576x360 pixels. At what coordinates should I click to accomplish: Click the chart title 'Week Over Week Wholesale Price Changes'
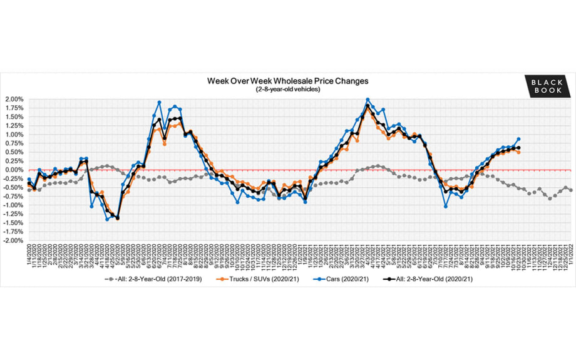(x=288, y=81)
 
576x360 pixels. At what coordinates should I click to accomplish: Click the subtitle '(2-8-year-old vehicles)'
(x=288, y=90)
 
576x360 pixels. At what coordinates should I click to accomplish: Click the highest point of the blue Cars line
(x=368, y=100)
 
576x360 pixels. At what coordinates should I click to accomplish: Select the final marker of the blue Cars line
(x=519, y=139)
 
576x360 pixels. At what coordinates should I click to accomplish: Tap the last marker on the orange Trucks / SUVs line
(x=519, y=152)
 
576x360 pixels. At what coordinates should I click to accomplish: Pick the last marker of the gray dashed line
(x=571, y=190)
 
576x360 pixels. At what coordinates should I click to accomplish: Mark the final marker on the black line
(x=519, y=148)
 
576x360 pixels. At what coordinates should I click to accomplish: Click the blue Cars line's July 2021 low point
(x=446, y=206)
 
